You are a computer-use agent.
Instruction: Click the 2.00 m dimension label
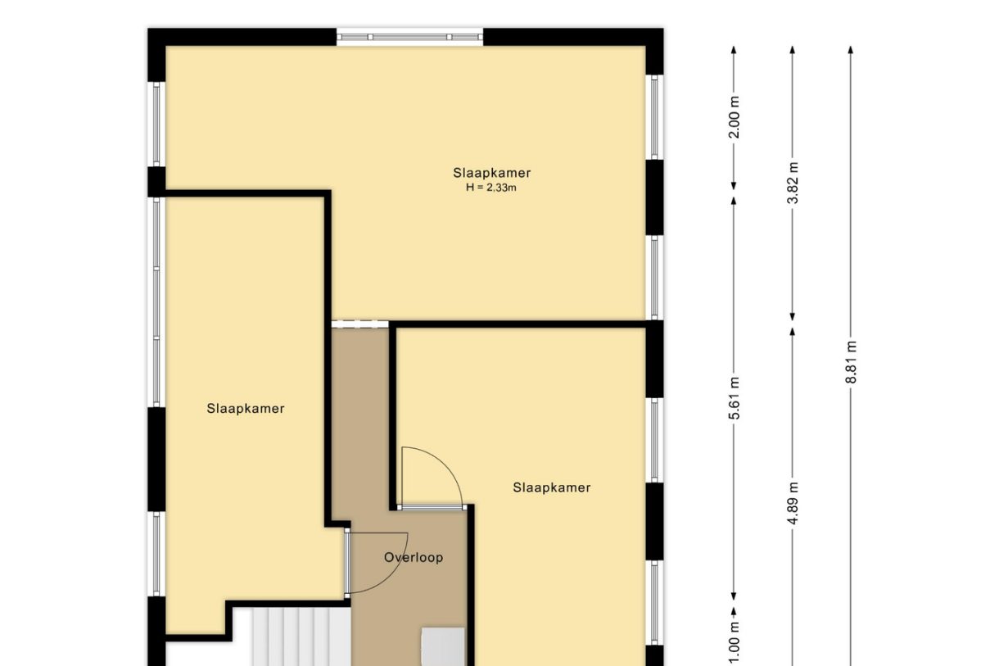(x=735, y=117)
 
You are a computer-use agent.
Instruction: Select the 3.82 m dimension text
(x=793, y=183)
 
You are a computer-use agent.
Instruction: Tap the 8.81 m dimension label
(x=851, y=362)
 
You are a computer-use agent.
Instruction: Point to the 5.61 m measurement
(x=735, y=398)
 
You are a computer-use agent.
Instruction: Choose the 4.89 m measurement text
(x=793, y=503)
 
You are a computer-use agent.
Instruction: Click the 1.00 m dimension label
(x=735, y=643)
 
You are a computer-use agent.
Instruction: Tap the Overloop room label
(x=414, y=557)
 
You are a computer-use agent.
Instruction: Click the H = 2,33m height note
(x=491, y=188)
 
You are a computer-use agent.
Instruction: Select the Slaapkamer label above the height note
(x=492, y=173)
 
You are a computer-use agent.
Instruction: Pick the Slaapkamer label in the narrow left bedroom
(x=246, y=408)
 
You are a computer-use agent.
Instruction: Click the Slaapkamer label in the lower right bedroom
(x=552, y=487)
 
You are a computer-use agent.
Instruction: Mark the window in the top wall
(x=410, y=37)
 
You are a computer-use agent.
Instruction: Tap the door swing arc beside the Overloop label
(x=392, y=575)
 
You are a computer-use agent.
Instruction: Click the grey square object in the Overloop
(x=443, y=646)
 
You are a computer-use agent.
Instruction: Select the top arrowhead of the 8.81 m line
(x=851, y=49)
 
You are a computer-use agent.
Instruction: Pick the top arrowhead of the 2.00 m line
(x=734, y=49)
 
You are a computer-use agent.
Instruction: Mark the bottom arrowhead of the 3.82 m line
(x=793, y=317)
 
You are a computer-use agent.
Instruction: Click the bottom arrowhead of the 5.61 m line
(x=734, y=596)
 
